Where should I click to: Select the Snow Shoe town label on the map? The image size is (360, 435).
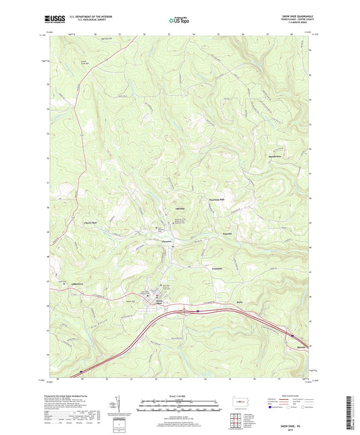160,302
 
